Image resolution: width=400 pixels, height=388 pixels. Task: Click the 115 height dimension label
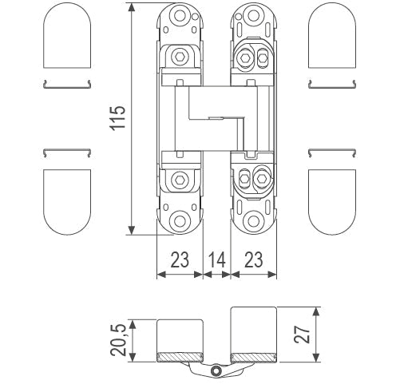[x=118, y=120]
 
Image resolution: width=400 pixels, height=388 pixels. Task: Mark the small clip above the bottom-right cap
[x=333, y=151]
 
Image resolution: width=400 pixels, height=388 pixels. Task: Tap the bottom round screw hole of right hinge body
[x=254, y=221]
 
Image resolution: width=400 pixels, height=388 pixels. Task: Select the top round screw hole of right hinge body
[x=254, y=16]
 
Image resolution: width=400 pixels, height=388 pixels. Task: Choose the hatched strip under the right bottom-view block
[x=254, y=356]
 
